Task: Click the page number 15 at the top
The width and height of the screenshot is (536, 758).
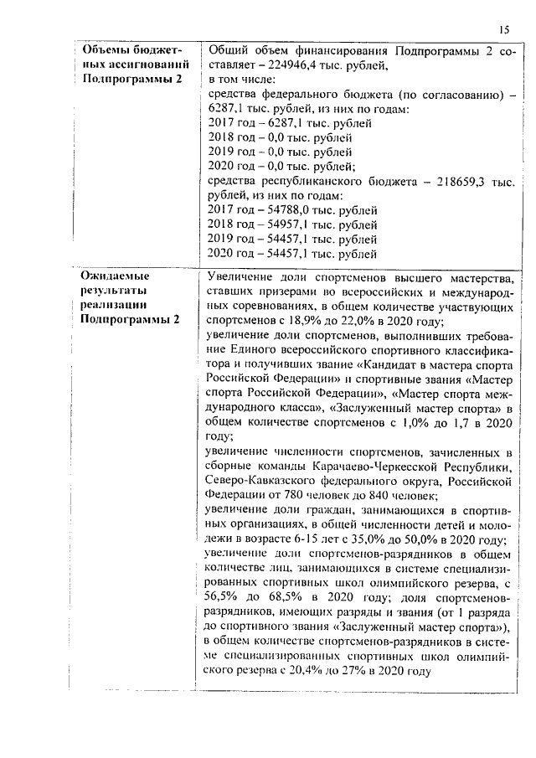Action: (502, 30)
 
